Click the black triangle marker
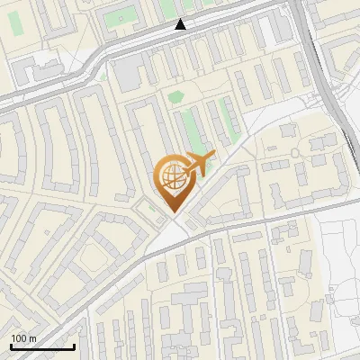click(181, 24)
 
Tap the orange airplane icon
click(201, 163)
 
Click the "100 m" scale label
click(23, 337)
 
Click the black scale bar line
click(42, 346)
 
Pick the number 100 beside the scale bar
click(19, 337)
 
